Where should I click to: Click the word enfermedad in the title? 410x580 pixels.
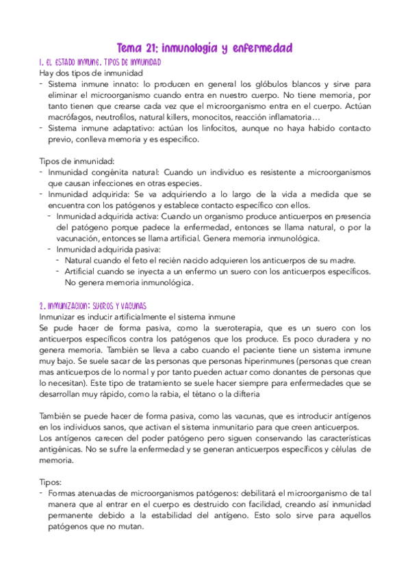(x=264, y=47)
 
